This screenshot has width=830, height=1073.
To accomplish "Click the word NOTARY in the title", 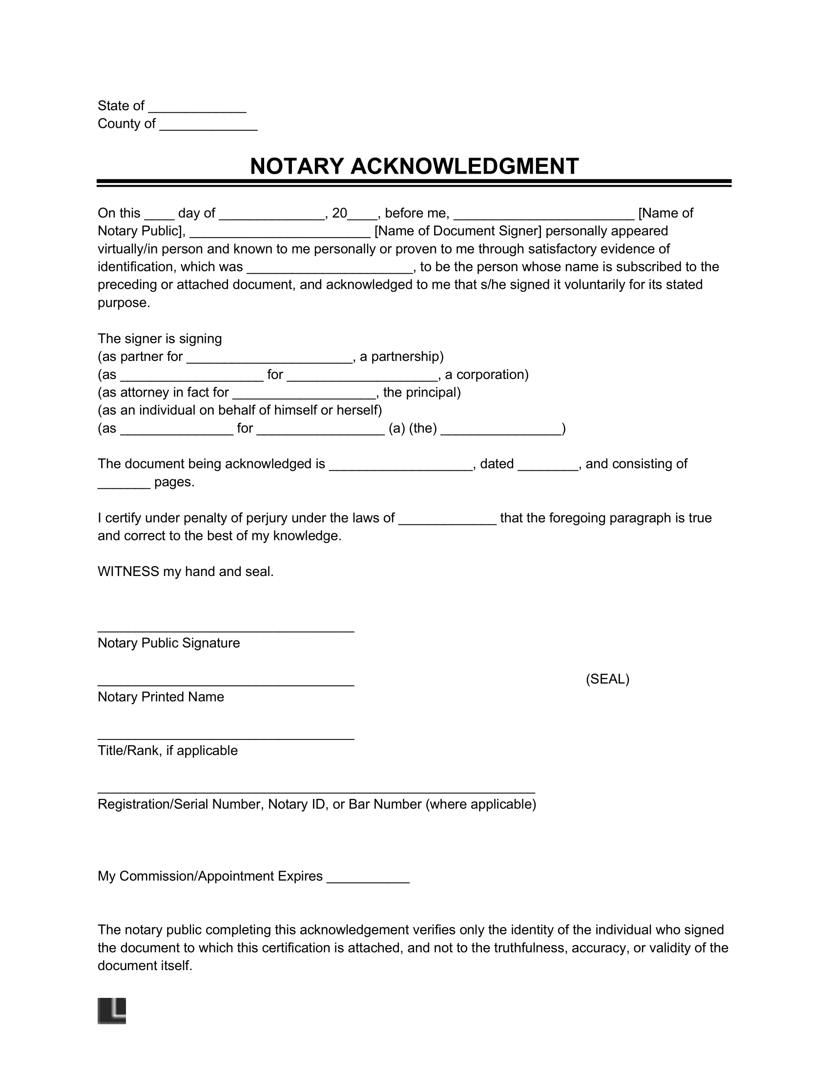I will coord(296,166).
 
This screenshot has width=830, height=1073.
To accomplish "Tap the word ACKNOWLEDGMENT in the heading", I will coord(464,166).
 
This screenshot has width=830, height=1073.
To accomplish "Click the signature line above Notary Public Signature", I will coord(226,630).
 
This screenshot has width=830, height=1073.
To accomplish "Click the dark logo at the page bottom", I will coord(112,1011).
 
